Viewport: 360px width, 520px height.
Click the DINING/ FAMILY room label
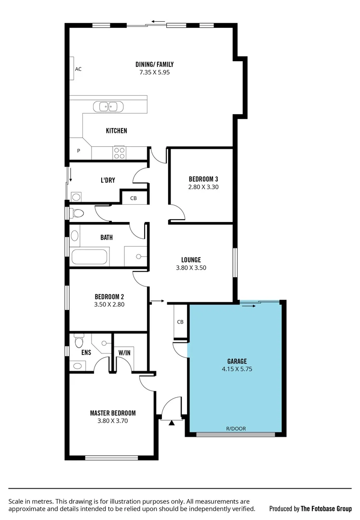coord(154,64)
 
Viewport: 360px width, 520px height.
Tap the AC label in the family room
coord(78,69)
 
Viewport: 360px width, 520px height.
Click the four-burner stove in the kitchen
coord(119,153)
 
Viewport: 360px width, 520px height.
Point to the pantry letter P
coord(79,151)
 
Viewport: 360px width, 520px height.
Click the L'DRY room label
coord(107,181)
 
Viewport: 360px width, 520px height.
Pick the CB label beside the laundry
coord(133,198)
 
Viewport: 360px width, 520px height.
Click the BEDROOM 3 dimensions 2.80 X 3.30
coord(203,187)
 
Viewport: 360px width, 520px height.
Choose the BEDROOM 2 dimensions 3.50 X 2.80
coord(109,304)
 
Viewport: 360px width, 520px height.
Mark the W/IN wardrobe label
coord(124,353)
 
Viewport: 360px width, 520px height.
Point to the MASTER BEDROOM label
coord(113,413)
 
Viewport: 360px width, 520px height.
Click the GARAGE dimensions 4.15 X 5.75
coord(237,369)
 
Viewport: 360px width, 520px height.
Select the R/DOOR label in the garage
coord(236,428)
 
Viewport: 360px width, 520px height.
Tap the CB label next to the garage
coord(180,322)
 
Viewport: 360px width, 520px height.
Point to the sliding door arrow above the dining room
coord(158,22)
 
